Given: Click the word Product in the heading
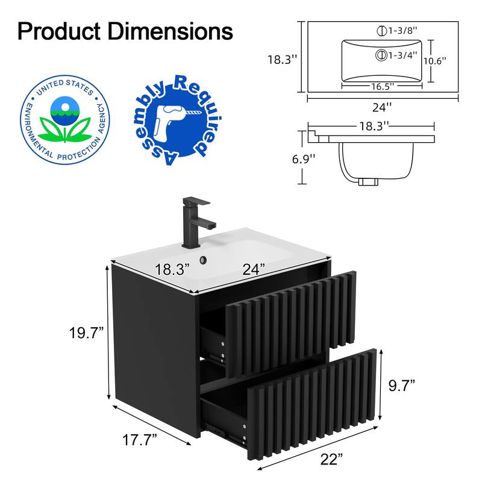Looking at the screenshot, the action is click(59, 31).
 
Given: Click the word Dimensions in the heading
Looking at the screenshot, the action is click(170, 31).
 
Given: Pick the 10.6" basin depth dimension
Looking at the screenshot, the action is click(435, 61).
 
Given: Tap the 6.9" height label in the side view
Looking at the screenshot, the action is click(304, 159).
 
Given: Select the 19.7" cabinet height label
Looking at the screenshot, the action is click(86, 333).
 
